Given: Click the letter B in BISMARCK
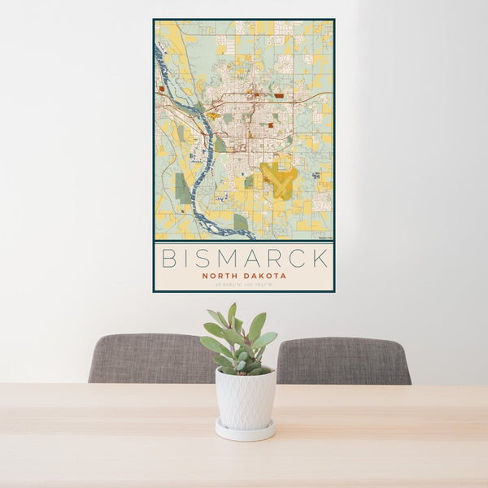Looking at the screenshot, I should (x=169, y=259).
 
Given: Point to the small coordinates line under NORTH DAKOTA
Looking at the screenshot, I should (x=243, y=283).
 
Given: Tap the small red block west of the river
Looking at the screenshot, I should (x=163, y=88).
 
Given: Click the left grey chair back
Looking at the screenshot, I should (x=146, y=358).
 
